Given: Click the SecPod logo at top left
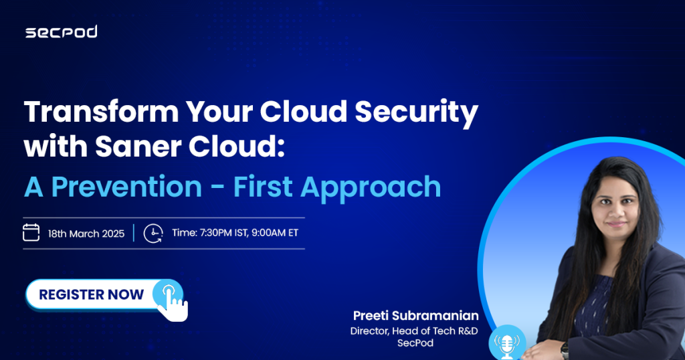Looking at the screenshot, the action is click(x=61, y=32).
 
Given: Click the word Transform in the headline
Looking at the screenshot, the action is click(x=102, y=111).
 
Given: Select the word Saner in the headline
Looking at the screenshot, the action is click(x=138, y=147).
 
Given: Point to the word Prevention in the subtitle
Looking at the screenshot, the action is click(x=126, y=187).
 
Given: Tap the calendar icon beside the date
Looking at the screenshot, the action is click(x=31, y=232).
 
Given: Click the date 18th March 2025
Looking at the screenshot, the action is click(x=86, y=234).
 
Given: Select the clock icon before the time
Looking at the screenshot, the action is click(x=153, y=234).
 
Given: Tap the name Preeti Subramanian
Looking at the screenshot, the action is click(x=415, y=315).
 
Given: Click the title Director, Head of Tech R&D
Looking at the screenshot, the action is click(x=413, y=331).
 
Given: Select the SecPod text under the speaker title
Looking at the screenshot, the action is click(x=415, y=343).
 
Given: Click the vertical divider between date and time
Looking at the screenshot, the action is click(x=134, y=233).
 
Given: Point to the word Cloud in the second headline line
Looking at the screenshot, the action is click(x=236, y=147).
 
